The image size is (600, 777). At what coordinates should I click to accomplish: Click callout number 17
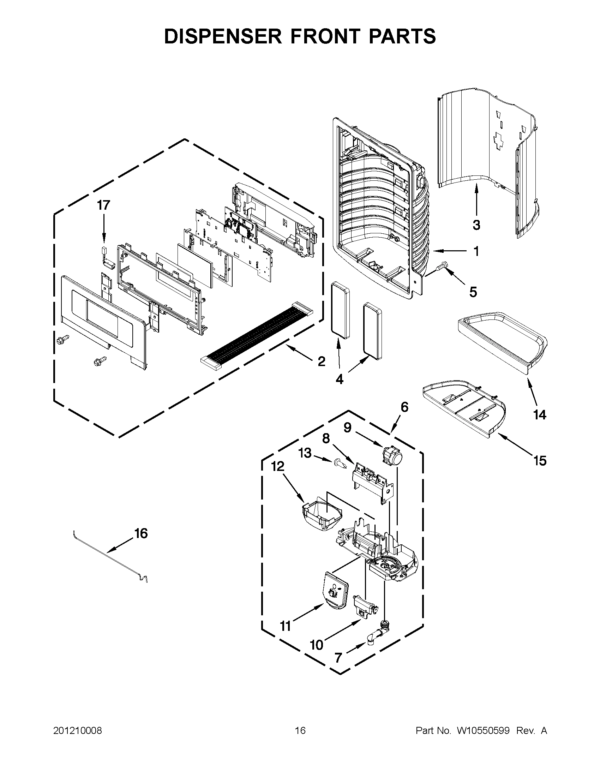[x=104, y=205]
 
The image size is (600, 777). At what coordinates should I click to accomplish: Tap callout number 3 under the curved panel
[x=476, y=225]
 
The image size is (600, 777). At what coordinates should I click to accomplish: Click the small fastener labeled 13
[x=340, y=464]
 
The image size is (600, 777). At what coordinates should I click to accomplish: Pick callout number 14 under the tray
[x=540, y=414]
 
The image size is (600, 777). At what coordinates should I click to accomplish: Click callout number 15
[x=540, y=461]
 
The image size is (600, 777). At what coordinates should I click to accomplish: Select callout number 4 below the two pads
[x=339, y=379]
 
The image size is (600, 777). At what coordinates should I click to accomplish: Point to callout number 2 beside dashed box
[x=321, y=362]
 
